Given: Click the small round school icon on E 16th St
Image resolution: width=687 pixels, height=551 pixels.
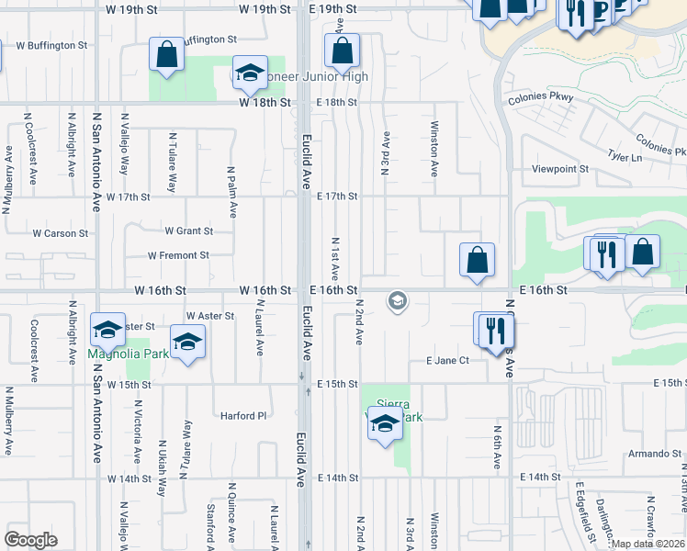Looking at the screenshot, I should [397, 300].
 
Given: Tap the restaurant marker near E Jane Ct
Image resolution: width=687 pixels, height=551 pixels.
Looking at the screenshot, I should [495, 332].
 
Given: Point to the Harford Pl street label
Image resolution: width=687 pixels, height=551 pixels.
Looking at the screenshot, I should [242, 415].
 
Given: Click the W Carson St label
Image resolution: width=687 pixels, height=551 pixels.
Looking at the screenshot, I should [60, 233].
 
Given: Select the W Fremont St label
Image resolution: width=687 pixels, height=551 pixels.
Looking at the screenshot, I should [178, 255].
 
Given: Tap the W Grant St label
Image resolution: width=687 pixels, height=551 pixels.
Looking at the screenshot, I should [188, 231].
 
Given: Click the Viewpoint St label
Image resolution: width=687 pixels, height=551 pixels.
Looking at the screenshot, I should [560, 169].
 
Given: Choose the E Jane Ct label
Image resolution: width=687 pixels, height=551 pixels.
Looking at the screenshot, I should [447, 361].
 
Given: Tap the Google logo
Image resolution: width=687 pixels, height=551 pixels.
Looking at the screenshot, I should [30, 539].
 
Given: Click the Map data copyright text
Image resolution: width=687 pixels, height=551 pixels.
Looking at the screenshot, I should [648, 544].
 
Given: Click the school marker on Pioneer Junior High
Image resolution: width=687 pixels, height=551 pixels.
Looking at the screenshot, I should [249, 74].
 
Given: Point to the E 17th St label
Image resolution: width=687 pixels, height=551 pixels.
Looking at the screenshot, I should [337, 197].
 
